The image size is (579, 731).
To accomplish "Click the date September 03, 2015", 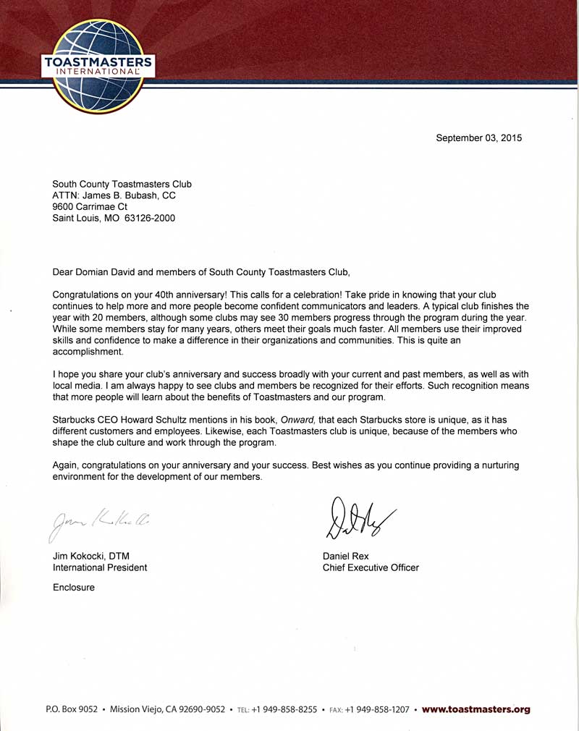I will tap(478, 138).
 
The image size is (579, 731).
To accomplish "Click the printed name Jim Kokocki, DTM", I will tap(91, 556).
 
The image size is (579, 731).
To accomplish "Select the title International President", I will tap(100, 567).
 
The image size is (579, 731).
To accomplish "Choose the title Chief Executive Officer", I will tap(371, 567).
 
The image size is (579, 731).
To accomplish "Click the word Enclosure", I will tap(74, 588).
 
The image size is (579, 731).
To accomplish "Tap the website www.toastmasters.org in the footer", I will tap(476, 709).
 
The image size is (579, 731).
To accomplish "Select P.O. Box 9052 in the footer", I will tap(71, 710).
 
